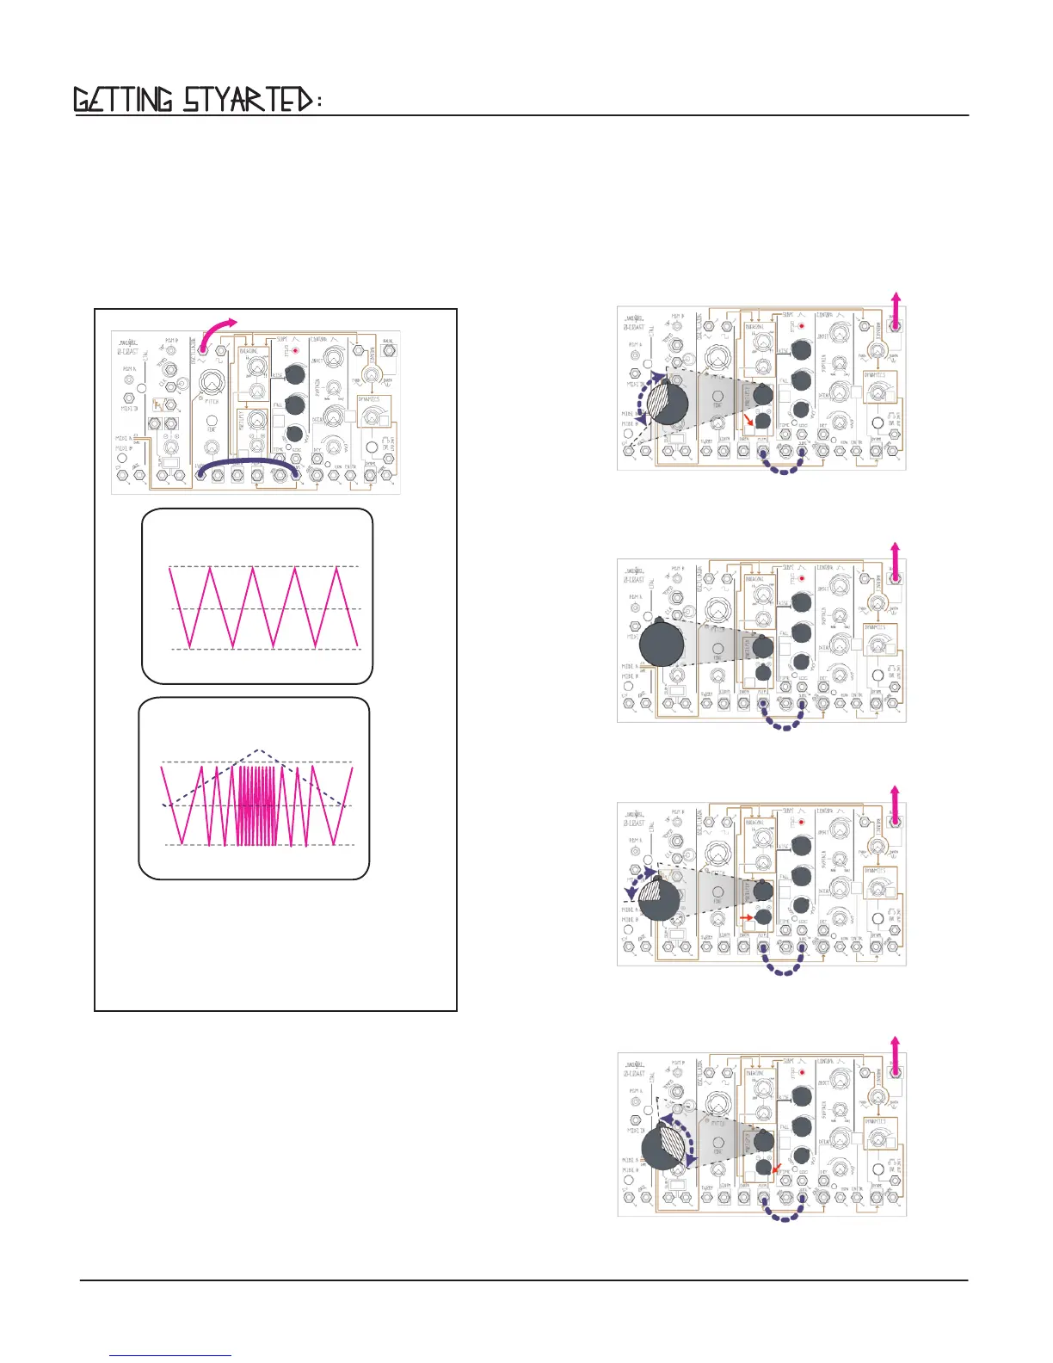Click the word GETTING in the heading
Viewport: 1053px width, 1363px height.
[x=123, y=101]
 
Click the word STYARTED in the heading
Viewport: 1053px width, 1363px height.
[x=247, y=101]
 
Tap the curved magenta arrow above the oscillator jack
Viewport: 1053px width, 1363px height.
[x=218, y=330]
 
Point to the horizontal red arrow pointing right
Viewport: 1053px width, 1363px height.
[x=745, y=918]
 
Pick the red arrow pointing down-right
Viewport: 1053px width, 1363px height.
[x=749, y=420]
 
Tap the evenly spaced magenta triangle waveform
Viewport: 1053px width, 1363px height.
[x=264, y=607]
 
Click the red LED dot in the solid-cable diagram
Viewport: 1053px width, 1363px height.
[x=295, y=351]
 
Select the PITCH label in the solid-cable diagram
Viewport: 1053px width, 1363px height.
[x=212, y=401]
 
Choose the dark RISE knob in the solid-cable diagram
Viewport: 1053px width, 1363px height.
[x=294, y=374]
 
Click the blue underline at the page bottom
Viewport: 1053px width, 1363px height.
[x=171, y=1357]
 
